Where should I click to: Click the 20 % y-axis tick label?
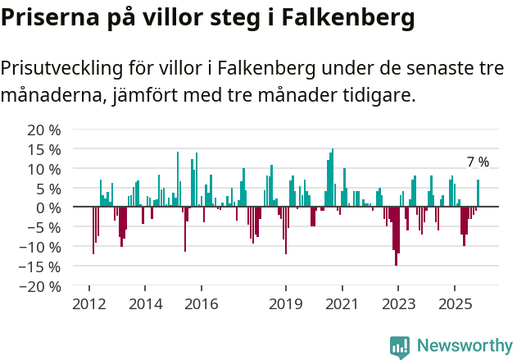45,130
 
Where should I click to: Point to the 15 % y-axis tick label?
45,150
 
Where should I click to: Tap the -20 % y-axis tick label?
41,286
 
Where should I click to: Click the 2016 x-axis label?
201,304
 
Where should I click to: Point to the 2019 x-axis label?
285,304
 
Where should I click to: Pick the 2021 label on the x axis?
342,304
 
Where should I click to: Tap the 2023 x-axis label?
397,304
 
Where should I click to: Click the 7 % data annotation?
478,162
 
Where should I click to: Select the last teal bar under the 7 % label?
478,194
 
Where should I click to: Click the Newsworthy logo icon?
399,346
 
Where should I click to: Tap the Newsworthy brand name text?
464,346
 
